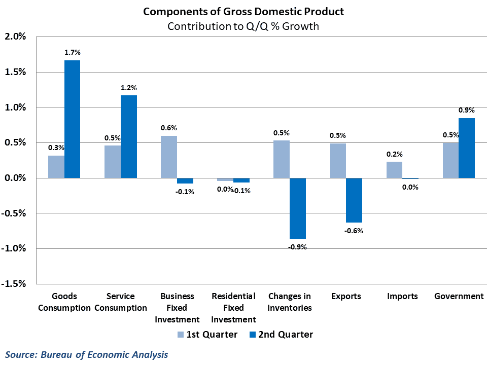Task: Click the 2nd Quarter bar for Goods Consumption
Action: tap(72, 119)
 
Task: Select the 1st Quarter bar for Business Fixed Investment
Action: tap(169, 157)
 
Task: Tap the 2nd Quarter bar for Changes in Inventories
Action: tap(298, 208)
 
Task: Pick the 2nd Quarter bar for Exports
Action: tap(354, 200)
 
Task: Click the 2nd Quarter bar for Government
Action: tap(467, 148)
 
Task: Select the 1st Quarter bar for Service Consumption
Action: tap(113, 162)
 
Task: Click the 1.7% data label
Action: tap(73, 52)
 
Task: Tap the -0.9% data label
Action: tap(298, 247)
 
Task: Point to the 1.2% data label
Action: tap(129, 87)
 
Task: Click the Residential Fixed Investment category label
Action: tap(233, 308)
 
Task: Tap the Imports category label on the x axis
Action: tap(402, 296)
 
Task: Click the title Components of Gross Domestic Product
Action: tap(243, 12)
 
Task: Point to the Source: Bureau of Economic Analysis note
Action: tap(87, 354)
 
